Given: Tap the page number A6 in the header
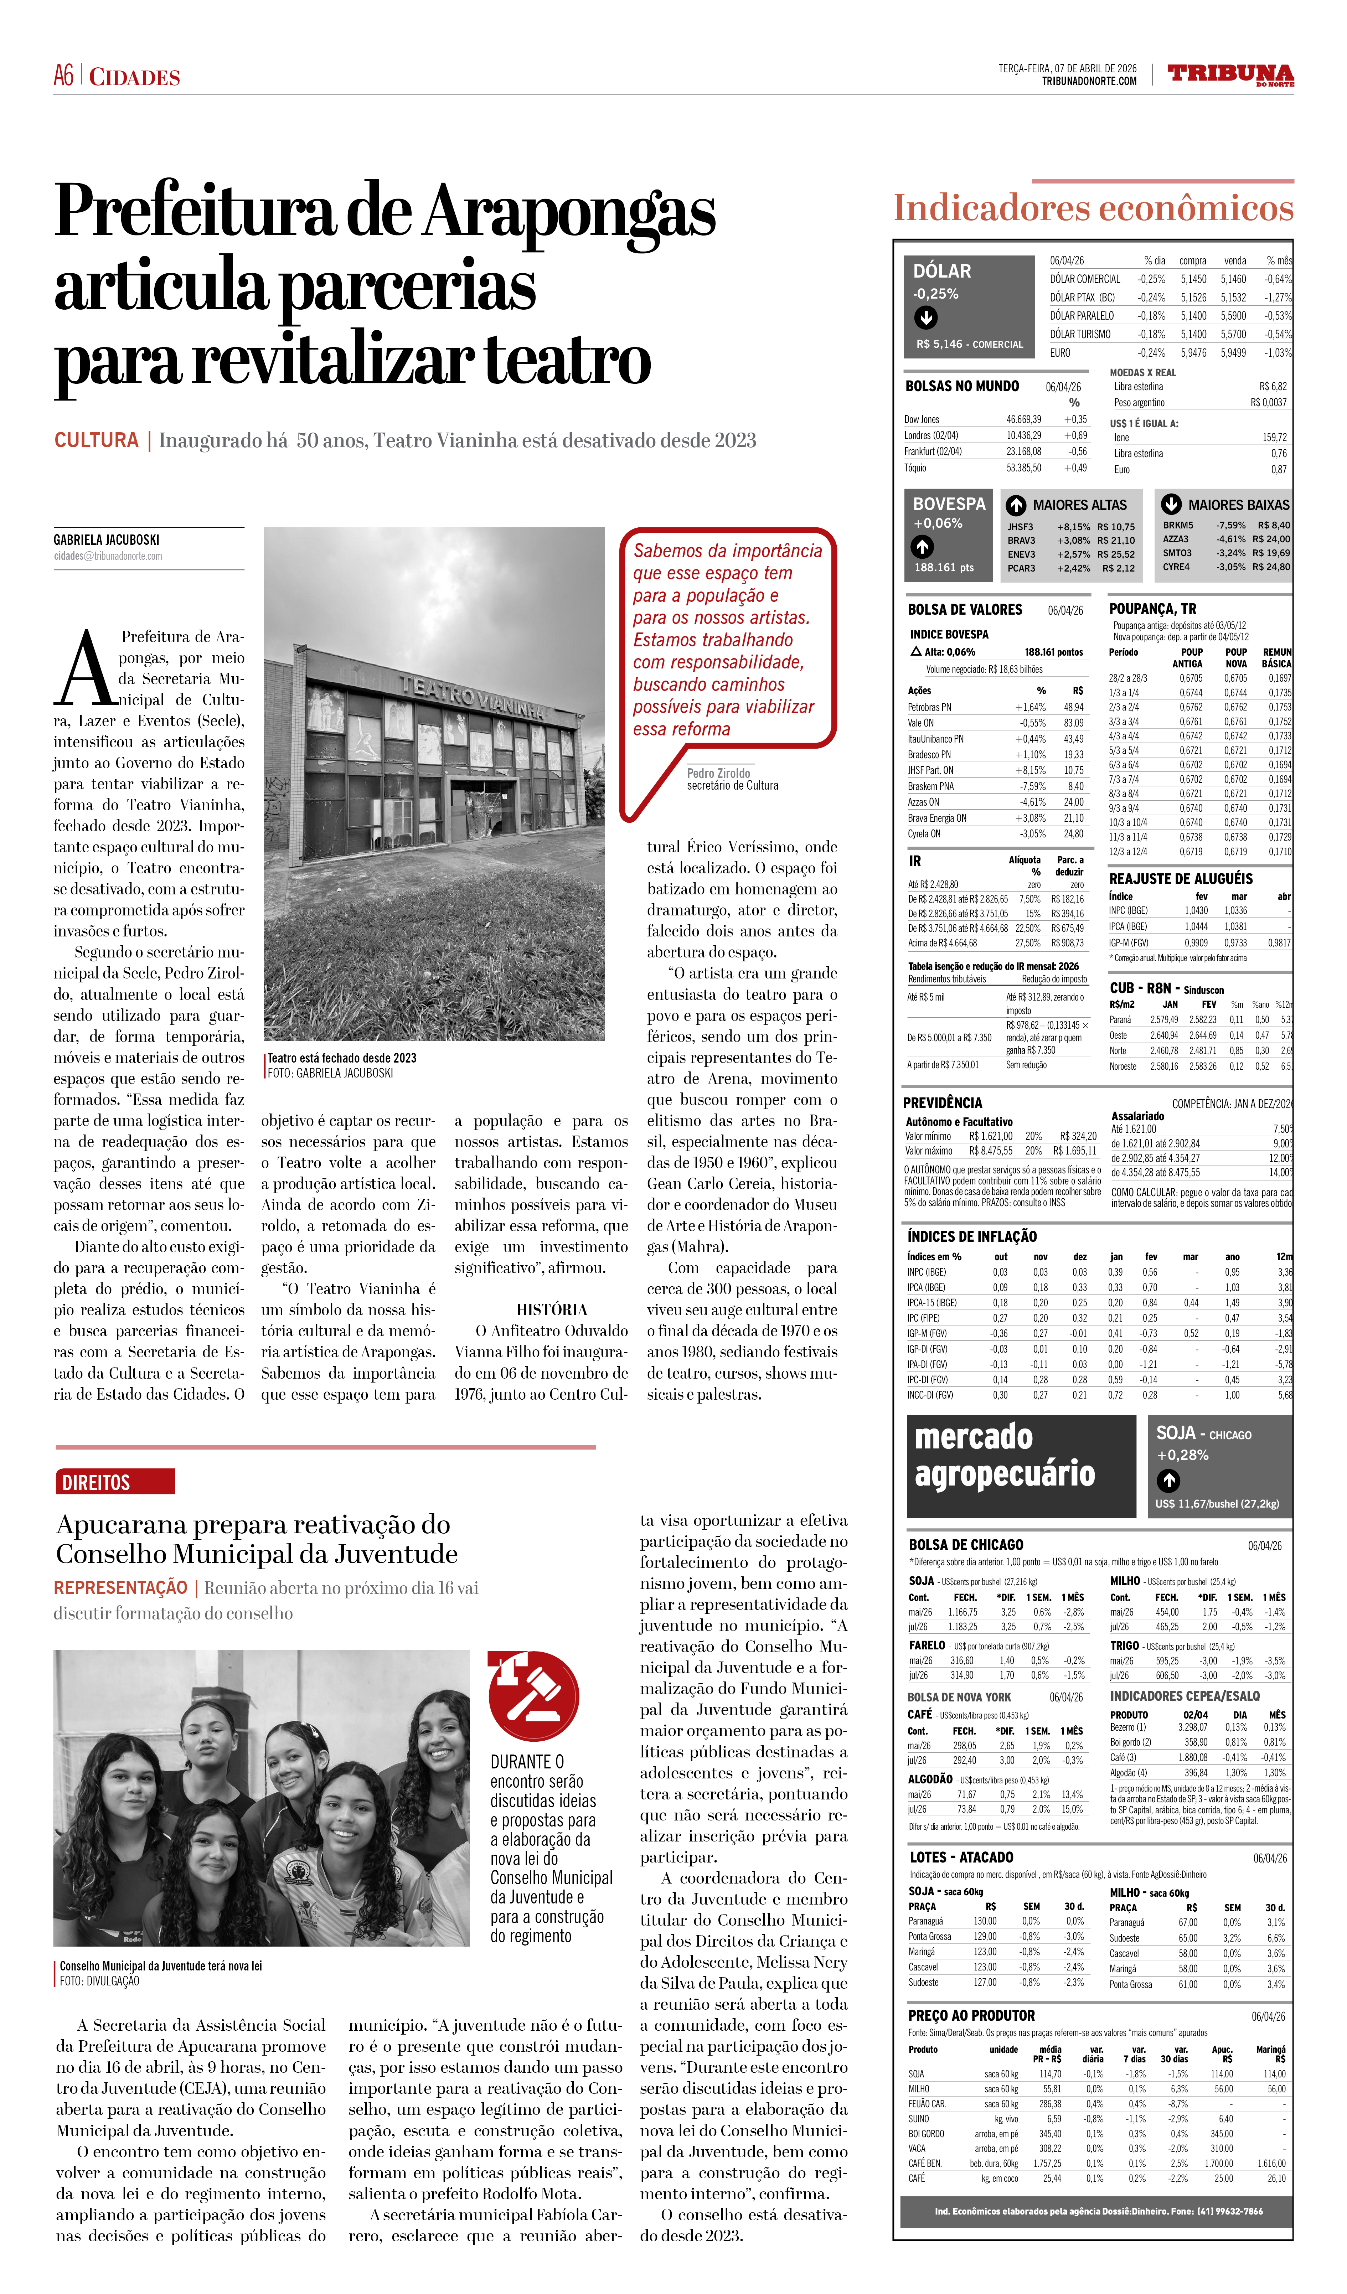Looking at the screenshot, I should click(64, 76).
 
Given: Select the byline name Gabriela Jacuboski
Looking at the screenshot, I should click(107, 540).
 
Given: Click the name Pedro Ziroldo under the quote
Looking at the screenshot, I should click(719, 773).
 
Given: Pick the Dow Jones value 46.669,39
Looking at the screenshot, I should click(1023, 420).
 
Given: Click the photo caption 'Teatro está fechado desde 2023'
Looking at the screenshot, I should click(342, 1058).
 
